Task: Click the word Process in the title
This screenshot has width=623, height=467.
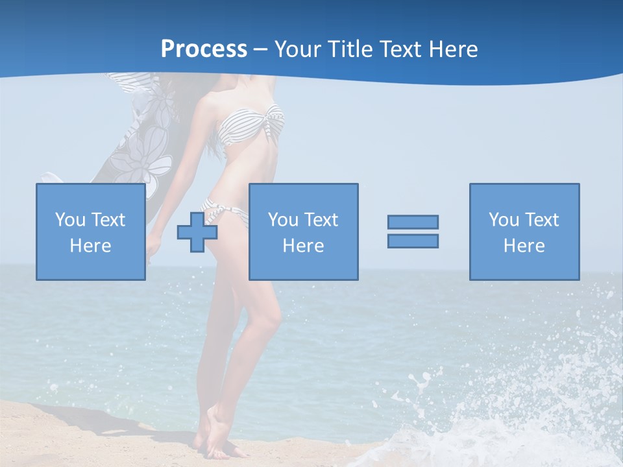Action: click(x=204, y=49)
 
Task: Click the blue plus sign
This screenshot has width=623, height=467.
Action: click(x=197, y=232)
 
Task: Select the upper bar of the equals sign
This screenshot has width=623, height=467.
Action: click(x=413, y=222)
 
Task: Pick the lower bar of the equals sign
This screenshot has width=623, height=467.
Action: click(x=413, y=241)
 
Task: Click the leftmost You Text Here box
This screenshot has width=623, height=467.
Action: click(x=90, y=232)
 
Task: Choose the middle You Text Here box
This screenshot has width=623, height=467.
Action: click(x=303, y=232)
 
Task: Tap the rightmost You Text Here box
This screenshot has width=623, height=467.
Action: click(x=524, y=232)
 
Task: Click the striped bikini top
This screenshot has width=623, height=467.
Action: click(x=250, y=126)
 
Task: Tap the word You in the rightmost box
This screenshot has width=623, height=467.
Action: click(x=502, y=220)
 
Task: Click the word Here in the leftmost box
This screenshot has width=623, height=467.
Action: click(x=90, y=246)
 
